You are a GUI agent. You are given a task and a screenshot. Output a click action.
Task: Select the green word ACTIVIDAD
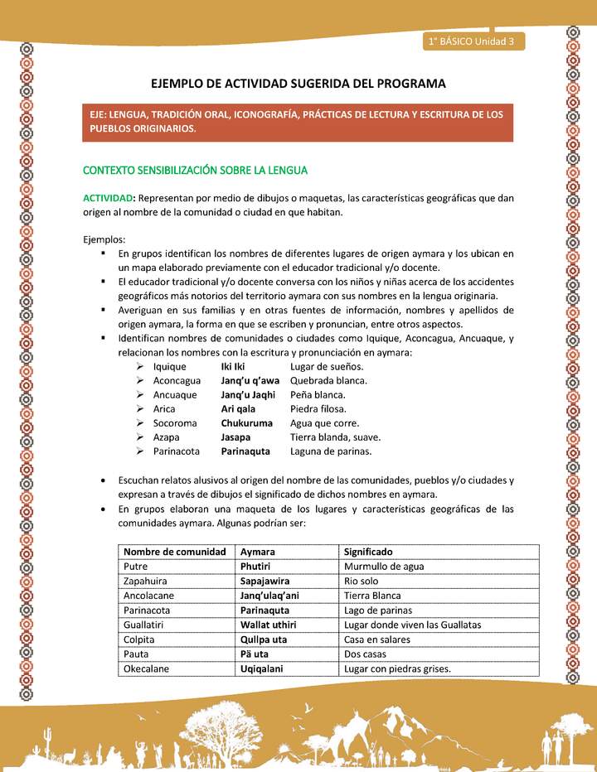point(108,198)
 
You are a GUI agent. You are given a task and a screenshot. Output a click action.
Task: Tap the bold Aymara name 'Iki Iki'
point(232,366)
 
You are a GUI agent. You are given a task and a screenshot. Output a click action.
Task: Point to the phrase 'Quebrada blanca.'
point(328,380)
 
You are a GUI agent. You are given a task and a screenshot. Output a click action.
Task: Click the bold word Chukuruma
point(246,423)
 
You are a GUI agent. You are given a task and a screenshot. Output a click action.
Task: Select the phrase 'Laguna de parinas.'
point(331,451)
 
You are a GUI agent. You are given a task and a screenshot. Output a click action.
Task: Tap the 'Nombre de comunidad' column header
point(174,552)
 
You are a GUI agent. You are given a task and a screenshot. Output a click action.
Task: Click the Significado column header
point(368,552)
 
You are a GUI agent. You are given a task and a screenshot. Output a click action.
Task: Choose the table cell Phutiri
point(256,567)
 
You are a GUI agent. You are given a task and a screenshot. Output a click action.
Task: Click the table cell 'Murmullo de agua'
point(384,567)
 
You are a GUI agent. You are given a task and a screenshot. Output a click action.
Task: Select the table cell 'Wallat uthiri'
point(269,625)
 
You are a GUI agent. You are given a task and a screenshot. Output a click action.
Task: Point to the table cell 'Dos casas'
point(366,654)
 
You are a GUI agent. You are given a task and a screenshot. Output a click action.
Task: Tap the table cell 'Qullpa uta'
point(264,640)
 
